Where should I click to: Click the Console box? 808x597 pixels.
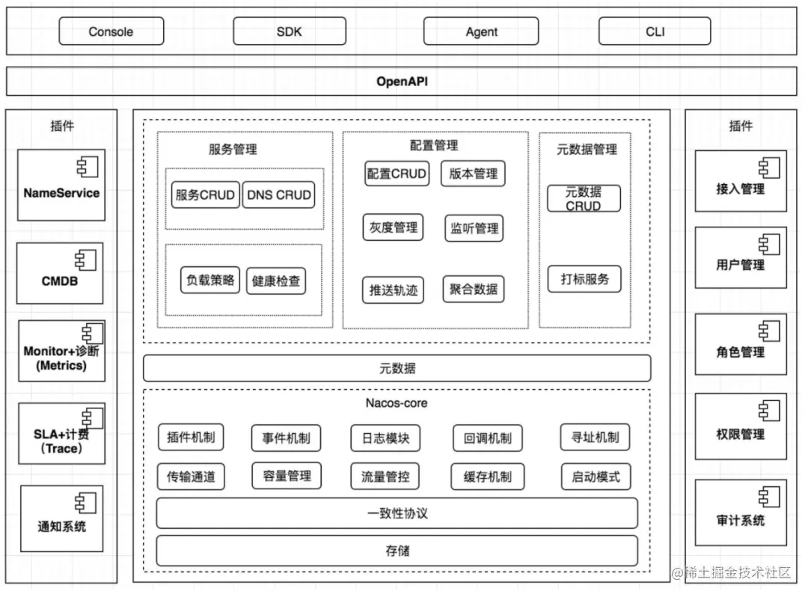point(111,31)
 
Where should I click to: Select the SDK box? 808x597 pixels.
point(290,31)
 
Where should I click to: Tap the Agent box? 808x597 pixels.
point(481,31)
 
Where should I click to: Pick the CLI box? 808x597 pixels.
point(655,31)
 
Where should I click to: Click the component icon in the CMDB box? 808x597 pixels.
point(85,260)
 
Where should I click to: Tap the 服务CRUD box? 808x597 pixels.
point(205,195)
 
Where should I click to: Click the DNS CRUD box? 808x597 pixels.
point(278,195)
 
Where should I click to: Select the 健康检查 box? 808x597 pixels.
point(276,281)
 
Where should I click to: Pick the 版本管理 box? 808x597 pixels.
point(473,174)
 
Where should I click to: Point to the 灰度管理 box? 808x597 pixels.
point(394,227)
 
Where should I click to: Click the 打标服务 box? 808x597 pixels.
point(584,279)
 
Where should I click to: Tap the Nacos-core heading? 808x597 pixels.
point(397,403)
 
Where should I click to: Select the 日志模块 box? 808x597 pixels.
point(385,438)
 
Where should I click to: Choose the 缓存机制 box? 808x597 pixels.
point(487,477)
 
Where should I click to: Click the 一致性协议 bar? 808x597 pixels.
point(397,513)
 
